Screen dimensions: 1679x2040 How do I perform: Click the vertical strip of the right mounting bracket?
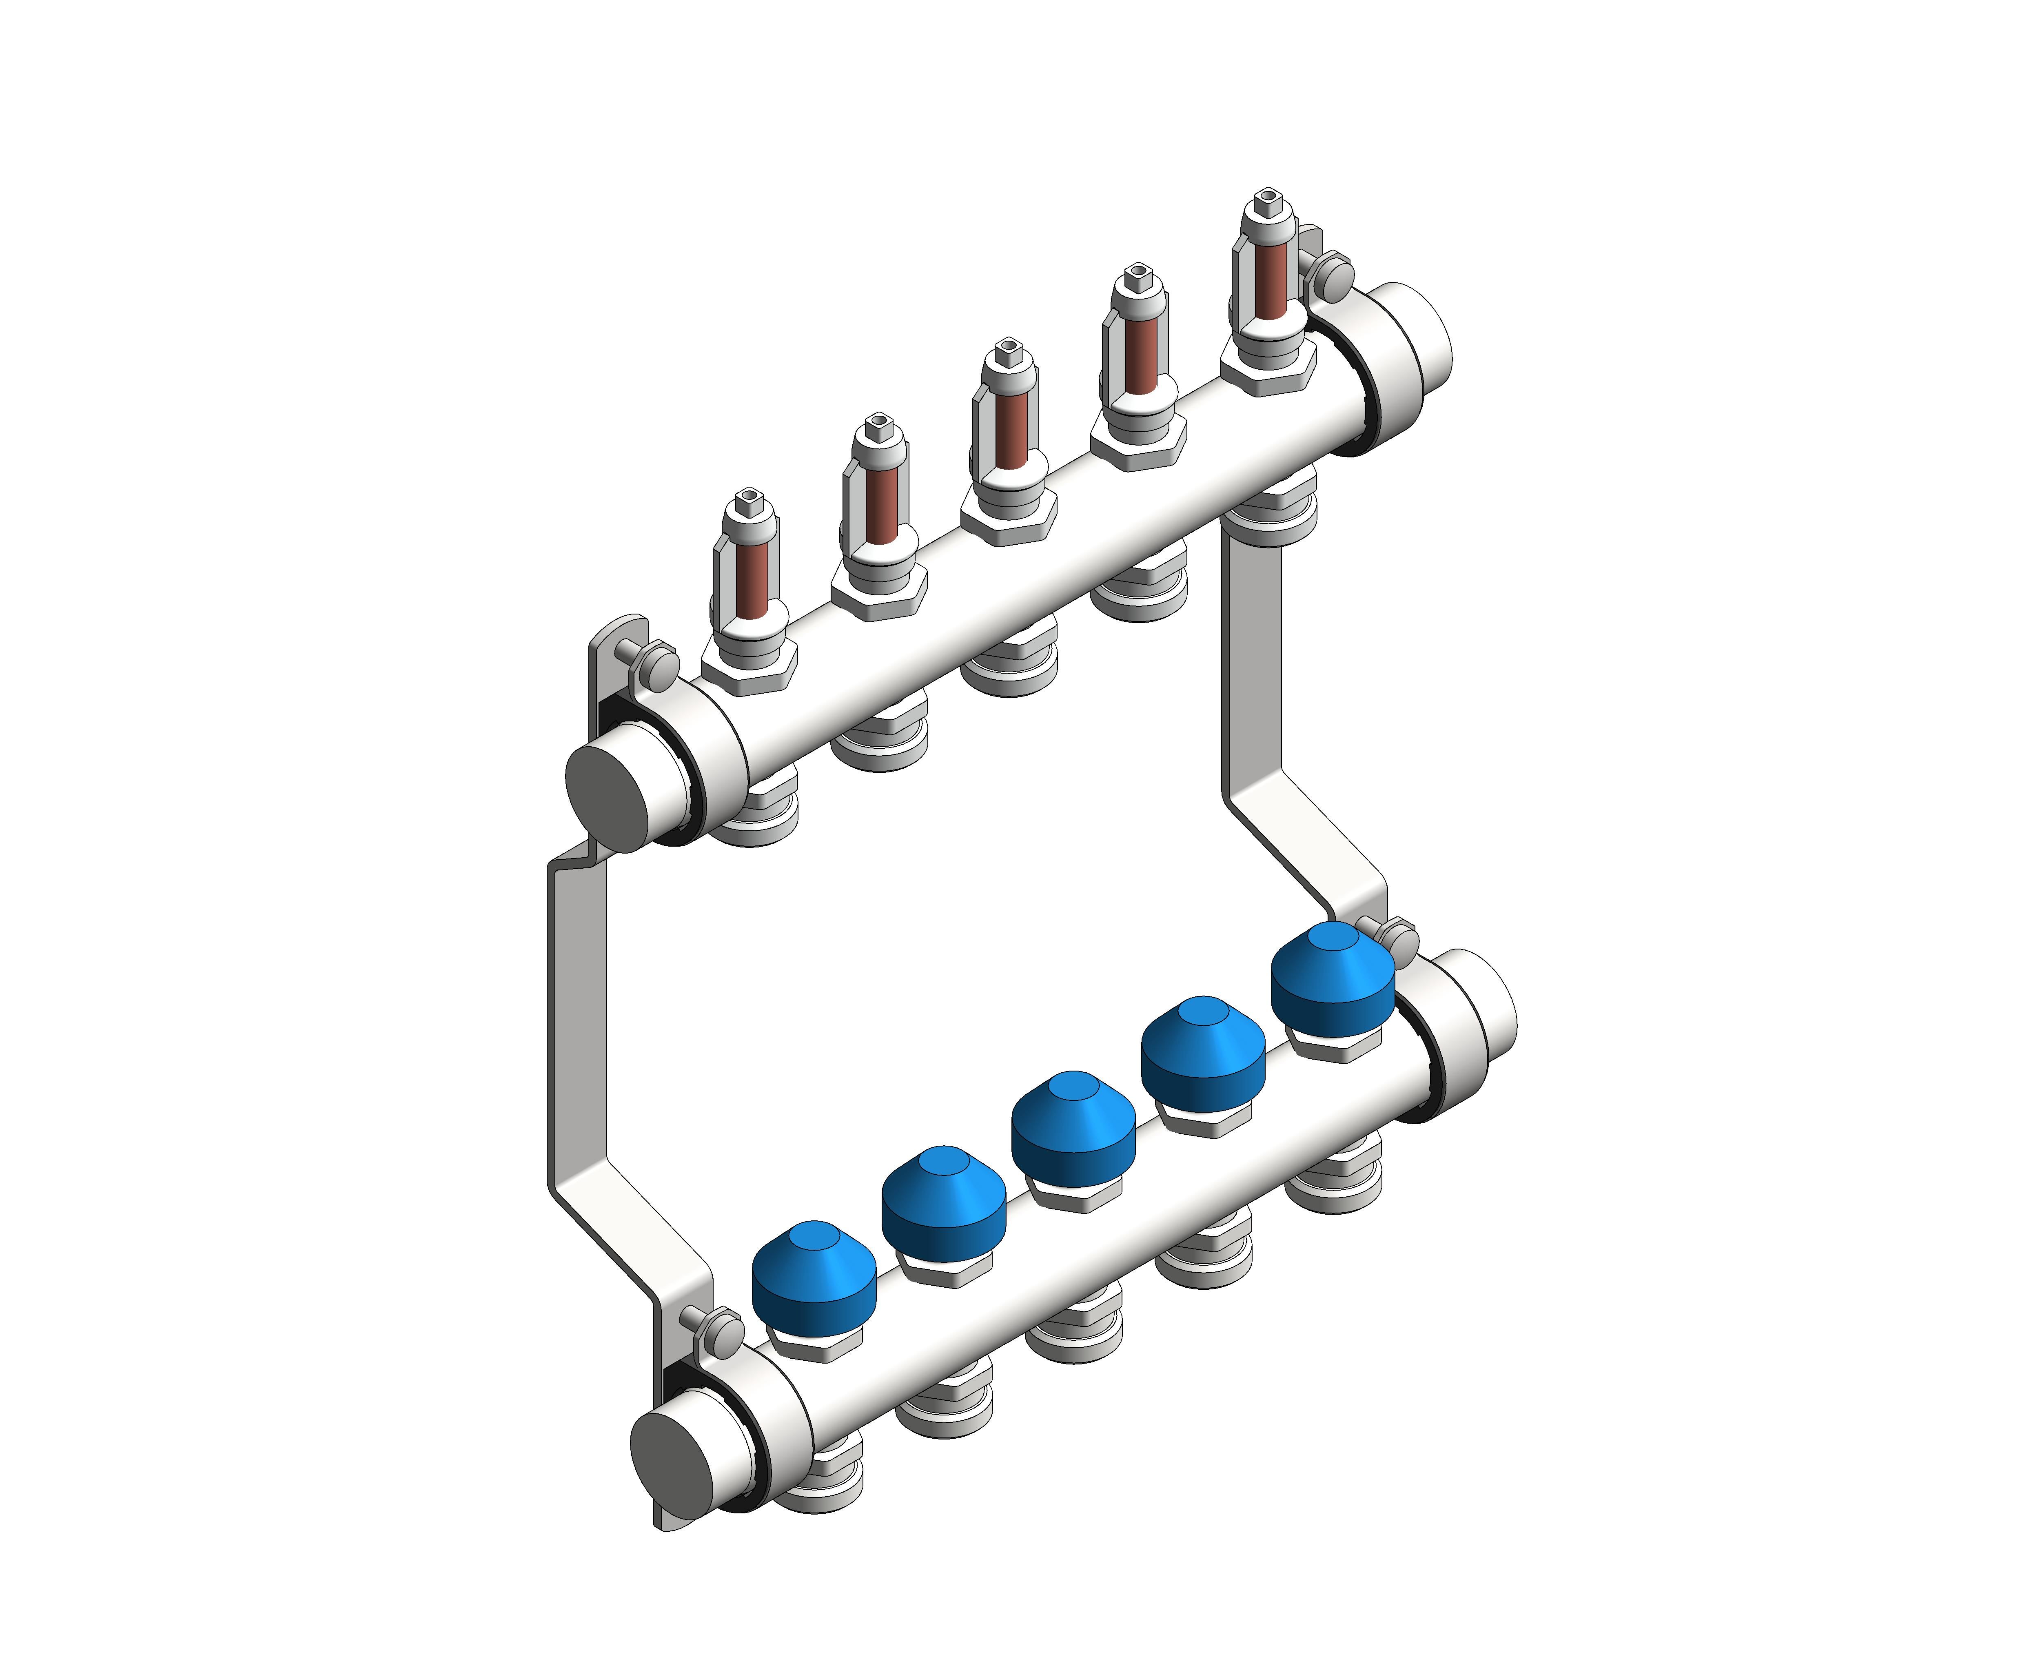click(x=1255, y=658)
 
